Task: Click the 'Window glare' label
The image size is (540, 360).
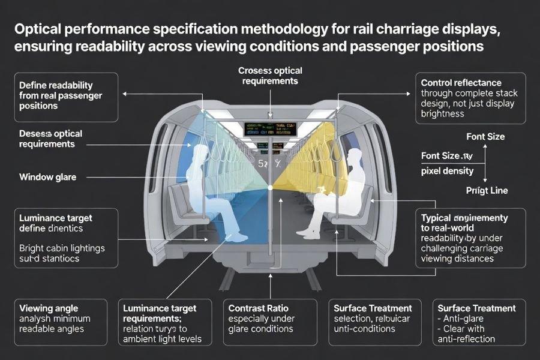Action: [x=52, y=177]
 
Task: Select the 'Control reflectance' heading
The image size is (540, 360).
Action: [x=461, y=83]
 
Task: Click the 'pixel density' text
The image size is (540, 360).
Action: [x=447, y=171]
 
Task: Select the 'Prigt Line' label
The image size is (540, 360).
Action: [x=487, y=191]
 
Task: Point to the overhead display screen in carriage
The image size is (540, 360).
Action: [x=270, y=128]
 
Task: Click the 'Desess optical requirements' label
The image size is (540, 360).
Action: [x=50, y=139]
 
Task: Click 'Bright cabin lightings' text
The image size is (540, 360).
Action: [x=61, y=248]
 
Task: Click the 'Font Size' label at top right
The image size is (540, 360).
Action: [x=485, y=137]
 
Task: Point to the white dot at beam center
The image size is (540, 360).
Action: [x=271, y=188]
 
